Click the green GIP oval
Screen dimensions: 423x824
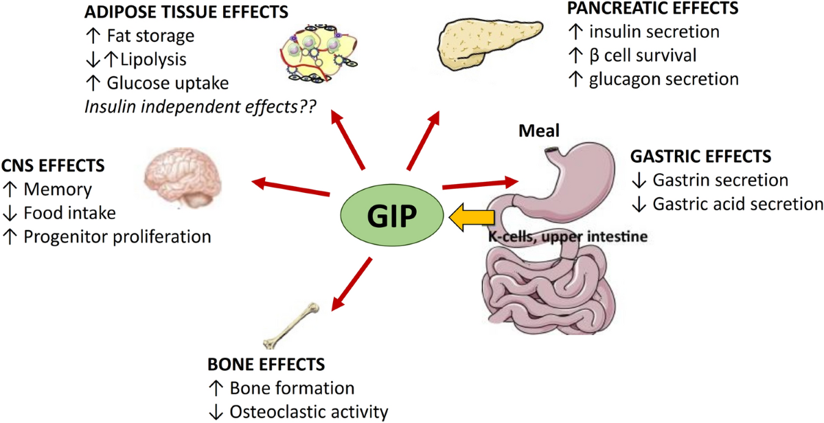tap(389, 218)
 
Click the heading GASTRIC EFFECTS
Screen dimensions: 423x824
tap(701, 156)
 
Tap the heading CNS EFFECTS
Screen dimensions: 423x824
tap(54, 165)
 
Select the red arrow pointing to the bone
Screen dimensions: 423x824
tap(352, 284)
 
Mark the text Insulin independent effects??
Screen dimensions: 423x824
tap(195, 107)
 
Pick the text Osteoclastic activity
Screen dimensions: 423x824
tap(308, 412)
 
